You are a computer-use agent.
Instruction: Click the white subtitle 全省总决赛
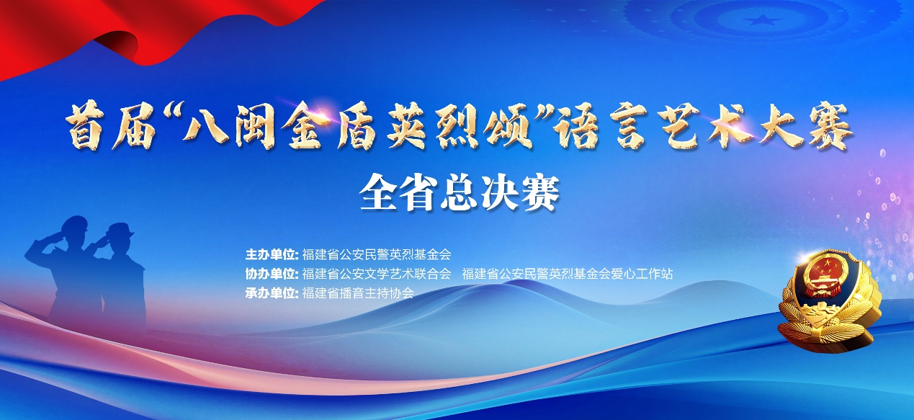pyautogui.click(x=460, y=194)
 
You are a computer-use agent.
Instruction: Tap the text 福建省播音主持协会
pyautogui.click(x=358, y=293)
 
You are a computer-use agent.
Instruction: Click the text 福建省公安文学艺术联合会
pyautogui.click(x=376, y=274)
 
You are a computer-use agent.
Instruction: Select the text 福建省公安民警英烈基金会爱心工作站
pyautogui.click(x=567, y=274)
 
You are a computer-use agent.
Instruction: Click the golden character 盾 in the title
pyautogui.click(x=354, y=128)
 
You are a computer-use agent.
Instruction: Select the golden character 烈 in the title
pyautogui.click(x=457, y=128)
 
